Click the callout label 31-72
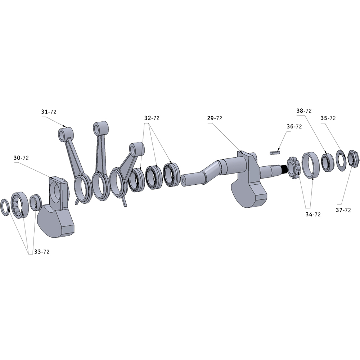click(49, 112)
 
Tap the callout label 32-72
click(152, 118)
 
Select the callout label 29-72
click(215, 118)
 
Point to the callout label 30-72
click(21, 158)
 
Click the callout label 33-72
click(42, 252)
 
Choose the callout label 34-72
click(313, 215)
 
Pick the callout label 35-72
click(328, 118)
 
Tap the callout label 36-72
click(294, 126)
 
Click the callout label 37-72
click(343, 210)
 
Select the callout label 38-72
click(304, 111)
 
